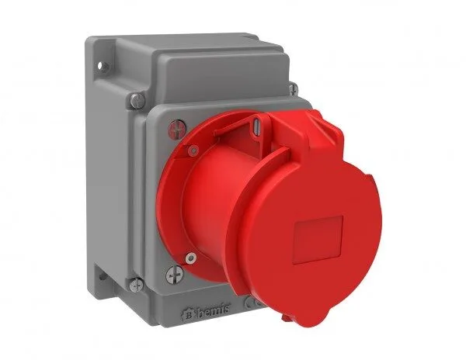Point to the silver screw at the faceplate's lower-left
click(176, 273)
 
